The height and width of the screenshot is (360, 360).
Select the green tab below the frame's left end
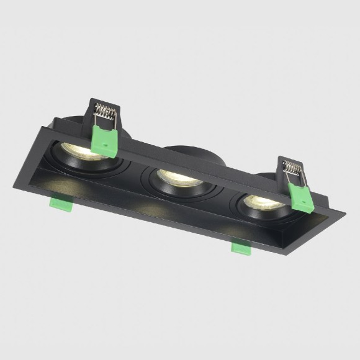(60, 203)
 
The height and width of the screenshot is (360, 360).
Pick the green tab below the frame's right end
(240, 247)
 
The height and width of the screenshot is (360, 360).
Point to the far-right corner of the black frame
(343, 214)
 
